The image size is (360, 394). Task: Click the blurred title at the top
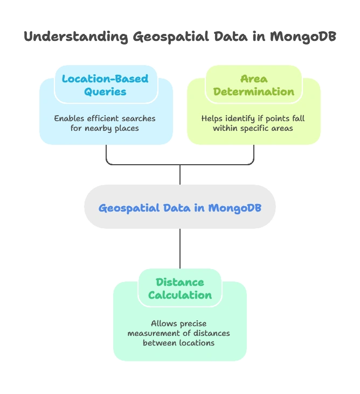click(179, 37)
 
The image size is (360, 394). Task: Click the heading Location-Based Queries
click(105, 85)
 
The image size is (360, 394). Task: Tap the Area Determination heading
click(254, 85)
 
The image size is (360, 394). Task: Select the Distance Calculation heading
click(180, 289)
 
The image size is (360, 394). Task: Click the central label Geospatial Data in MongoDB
click(180, 208)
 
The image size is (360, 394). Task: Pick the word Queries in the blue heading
click(105, 92)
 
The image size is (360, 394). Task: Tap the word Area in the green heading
click(254, 79)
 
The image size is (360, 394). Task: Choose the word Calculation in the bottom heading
click(180, 295)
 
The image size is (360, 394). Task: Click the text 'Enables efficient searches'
click(105, 118)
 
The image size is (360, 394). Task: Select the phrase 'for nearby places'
click(105, 128)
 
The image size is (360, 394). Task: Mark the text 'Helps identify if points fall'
click(253, 118)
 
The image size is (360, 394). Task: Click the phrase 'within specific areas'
click(253, 128)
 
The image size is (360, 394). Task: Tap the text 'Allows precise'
click(179, 323)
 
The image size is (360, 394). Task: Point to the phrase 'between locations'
click(179, 343)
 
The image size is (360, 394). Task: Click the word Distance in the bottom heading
click(180, 282)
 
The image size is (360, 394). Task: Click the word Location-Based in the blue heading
click(105, 79)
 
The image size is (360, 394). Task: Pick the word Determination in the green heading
click(254, 92)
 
